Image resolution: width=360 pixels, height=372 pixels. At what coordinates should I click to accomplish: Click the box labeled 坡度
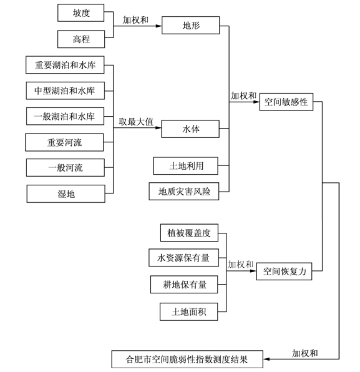tap(81, 13)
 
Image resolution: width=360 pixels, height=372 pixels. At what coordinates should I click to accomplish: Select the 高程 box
tap(81, 39)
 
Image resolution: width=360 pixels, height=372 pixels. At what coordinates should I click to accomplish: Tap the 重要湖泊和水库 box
tap(65, 65)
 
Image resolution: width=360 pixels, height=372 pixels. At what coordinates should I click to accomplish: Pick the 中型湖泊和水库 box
tap(66, 91)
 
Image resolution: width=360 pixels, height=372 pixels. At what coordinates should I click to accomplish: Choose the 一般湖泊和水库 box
tap(66, 116)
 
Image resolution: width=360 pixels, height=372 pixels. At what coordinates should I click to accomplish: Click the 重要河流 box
tap(64, 142)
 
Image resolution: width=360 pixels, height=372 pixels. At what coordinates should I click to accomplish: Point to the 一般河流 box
tap(66, 168)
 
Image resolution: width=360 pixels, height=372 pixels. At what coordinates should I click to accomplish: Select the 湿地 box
tap(66, 194)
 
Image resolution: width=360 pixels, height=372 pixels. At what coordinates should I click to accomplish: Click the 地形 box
tap(191, 26)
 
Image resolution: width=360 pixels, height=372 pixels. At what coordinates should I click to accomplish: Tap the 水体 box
tap(190, 129)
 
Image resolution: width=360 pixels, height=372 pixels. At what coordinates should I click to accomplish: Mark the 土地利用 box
tap(186, 166)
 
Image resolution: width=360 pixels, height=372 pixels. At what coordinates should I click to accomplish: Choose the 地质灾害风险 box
tap(184, 191)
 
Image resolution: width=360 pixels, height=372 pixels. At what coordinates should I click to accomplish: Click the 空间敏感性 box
tap(286, 102)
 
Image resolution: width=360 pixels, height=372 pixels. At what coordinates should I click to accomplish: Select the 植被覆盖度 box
tap(189, 233)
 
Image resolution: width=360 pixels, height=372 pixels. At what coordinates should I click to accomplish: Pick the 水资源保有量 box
tap(184, 258)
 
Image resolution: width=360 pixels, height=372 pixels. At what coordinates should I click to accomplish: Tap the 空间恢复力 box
tap(284, 272)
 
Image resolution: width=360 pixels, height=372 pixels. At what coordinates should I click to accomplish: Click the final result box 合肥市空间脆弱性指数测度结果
tap(187, 359)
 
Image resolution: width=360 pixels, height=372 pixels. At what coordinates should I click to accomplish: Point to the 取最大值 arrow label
tap(136, 122)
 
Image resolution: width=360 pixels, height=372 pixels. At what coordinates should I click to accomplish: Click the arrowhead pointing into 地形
tap(159, 26)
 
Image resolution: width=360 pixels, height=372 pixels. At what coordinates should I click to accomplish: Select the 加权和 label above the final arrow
tap(304, 353)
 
